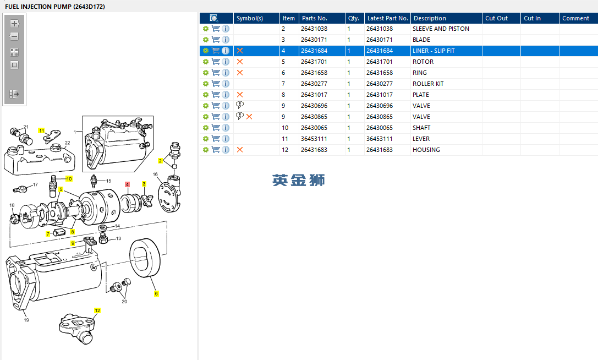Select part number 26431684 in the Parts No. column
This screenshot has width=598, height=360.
click(314, 51)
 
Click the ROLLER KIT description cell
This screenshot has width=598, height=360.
click(428, 84)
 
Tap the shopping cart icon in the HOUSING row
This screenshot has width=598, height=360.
click(216, 150)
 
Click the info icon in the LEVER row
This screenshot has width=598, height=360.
click(226, 139)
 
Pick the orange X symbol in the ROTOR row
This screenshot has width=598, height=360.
click(240, 62)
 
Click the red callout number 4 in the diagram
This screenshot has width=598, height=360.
click(128, 184)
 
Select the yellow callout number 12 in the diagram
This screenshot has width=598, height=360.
click(97, 310)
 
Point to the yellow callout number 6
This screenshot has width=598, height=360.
click(156, 293)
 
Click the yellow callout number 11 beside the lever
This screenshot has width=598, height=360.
click(42, 130)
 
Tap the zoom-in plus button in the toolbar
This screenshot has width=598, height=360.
click(14, 24)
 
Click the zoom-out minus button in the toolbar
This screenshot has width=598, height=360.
click(14, 37)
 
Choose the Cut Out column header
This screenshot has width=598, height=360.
click(496, 18)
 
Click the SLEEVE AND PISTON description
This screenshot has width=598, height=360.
click(441, 29)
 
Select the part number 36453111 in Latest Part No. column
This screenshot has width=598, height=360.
click(380, 139)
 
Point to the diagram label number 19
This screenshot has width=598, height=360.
click(26, 320)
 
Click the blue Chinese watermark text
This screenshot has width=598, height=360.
click(298, 180)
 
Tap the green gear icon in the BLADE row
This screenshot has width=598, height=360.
click(206, 40)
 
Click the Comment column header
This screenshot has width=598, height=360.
click(575, 18)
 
